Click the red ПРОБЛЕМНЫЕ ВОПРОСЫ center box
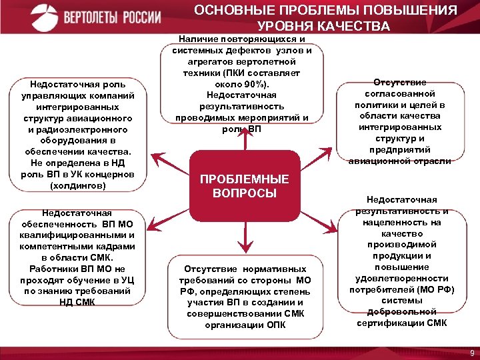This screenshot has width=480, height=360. pyautogui.click(x=245, y=186)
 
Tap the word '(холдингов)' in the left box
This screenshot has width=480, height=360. pyautogui.click(x=77, y=185)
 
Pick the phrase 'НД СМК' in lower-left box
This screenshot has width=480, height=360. pyautogui.click(x=77, y=301)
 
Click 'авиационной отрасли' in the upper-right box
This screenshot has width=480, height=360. pyautogui.click(x=399, y=160)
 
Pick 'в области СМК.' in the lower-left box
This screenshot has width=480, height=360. pyautogui.click(x=77, y=257)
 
